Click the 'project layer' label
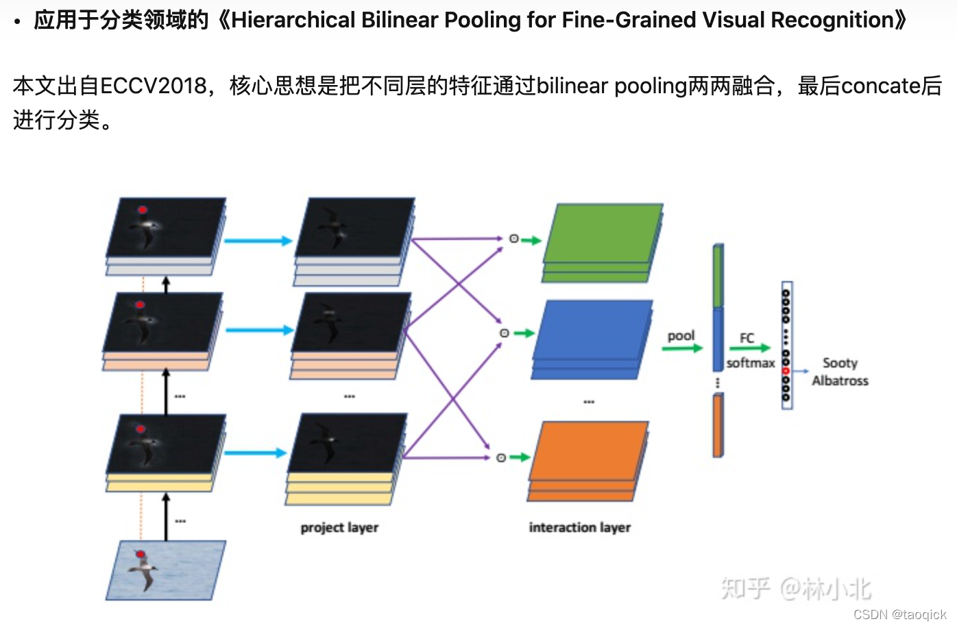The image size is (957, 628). pos(339,527)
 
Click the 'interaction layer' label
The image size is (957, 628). pos(579,527)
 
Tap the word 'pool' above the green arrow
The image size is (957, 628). pos(681,335)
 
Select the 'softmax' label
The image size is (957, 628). pos(751,363)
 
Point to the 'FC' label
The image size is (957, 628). pos(747,338)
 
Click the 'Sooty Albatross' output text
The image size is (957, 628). pos(840,372)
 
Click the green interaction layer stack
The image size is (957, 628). pos(602,237)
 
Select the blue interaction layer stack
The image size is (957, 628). pos(592,333)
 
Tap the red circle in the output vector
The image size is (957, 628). pos(786,371)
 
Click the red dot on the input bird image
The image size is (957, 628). pos(141,554)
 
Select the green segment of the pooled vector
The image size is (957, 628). pos(718,276)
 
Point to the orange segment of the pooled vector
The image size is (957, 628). pos(718,425)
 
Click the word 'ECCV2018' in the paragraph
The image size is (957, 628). pos(154,86)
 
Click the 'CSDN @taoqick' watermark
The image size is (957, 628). pos(899,614)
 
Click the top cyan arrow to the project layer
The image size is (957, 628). pos(258,241)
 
